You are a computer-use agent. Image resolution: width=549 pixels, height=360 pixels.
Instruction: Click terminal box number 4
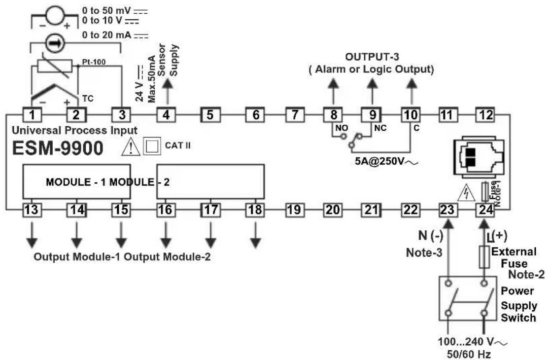[x=166, y=115]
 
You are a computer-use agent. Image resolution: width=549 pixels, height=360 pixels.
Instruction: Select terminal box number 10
[x=410, y=115]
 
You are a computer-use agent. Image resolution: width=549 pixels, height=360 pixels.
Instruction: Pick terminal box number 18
[x=255, y=209]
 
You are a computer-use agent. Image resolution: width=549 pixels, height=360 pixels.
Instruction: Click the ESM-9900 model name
[x=57, y=148]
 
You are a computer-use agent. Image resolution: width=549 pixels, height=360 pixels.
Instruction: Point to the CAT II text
[x=178, y=145]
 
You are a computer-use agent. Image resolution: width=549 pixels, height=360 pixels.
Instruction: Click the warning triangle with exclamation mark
[x=130, y=147]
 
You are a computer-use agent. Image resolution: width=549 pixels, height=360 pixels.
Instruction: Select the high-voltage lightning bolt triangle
[x=466, y=192]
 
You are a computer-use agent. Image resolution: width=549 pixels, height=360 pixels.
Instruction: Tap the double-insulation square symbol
[x=152, y=146]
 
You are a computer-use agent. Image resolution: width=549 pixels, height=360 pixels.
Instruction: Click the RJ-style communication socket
[x=478, y=157]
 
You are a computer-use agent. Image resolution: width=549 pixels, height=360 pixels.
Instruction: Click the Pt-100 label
[x=94, y=62]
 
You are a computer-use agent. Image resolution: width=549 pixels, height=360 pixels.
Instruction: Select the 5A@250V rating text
[x=386, y=161]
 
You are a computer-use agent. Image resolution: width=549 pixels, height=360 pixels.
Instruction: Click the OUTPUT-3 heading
[x=372, y=57]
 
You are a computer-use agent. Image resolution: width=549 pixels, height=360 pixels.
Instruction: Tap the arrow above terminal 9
[x=372, y=91]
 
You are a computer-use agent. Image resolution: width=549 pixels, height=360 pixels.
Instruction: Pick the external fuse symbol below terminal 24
[x=484, y=257]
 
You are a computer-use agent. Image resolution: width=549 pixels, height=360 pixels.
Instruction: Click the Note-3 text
[x=424, y=252]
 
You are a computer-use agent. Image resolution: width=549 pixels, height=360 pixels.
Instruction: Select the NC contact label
[x=380, y=128]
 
